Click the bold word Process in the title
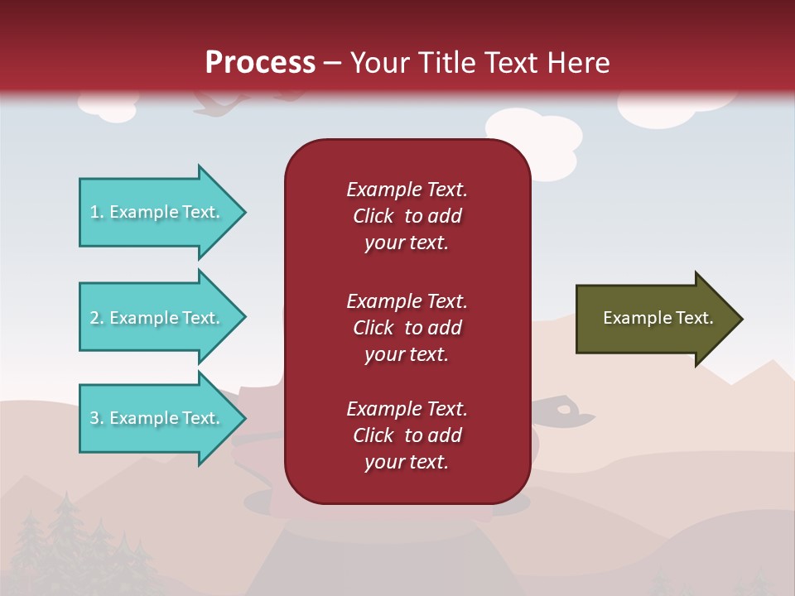pos(260,63)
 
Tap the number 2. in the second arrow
pos(96,318)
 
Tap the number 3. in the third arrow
pos(96,418)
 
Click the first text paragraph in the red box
pos(407,216)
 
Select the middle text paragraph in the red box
pos(407,328)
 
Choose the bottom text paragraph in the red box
pos(407,435)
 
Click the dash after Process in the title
pos(332,64)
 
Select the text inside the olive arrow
pos(658,318)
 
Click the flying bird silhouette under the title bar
pos(219,103)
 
